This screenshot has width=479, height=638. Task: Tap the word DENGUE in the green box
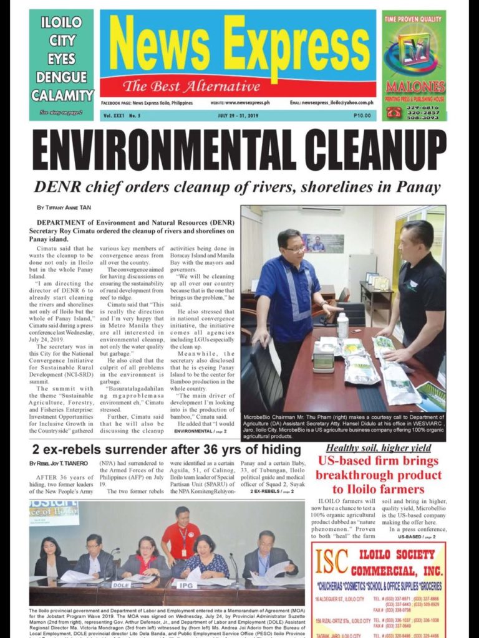point(61,78)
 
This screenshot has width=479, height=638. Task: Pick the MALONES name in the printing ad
point(415,86)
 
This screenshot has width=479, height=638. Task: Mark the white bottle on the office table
point(342,326)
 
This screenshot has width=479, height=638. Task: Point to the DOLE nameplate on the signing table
point(120,584)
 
